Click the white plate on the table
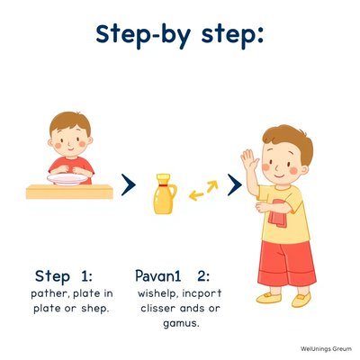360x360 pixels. coord(67,179)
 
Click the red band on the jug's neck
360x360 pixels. coord(164,186)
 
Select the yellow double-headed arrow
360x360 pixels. coord(203,190)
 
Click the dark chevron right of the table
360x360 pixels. coord(129,184)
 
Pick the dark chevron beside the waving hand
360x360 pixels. coord(235,184)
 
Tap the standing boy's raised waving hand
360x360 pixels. coord(249,159)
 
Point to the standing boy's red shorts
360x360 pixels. coord(287,264)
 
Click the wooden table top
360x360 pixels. coord(69,192)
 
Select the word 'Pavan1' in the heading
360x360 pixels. coord(158,275)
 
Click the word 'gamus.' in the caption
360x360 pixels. coord(181,324)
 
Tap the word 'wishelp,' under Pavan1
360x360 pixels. coord(157,293)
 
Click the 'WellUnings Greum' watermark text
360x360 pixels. coord(326,349)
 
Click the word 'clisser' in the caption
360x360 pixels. coord(157,308)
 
